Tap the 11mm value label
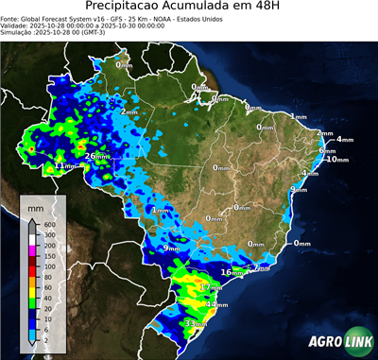(64, 165)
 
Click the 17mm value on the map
(211, 286)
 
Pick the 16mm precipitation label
(231, 272)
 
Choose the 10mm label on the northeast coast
(336, 159)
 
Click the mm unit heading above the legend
(35, 205)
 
